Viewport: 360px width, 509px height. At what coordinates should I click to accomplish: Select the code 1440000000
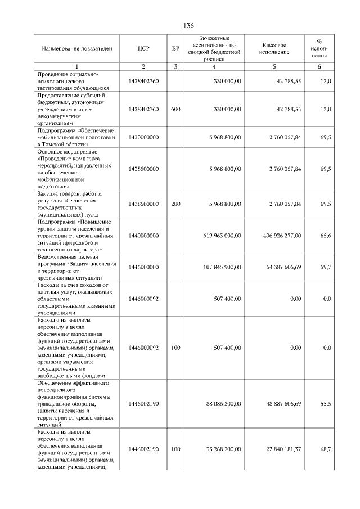coord(143,237)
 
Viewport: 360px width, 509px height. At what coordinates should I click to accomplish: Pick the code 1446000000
coord(143,267)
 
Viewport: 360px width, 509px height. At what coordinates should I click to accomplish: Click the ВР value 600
coord(175,109)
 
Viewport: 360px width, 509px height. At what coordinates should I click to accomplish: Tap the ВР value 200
coord(175,204)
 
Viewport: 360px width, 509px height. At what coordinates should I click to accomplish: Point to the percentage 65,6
coord(326,237)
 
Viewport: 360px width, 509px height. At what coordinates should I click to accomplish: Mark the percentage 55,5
coord(326,403)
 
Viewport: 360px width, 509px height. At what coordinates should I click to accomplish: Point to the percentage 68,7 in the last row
coord(326,448)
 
